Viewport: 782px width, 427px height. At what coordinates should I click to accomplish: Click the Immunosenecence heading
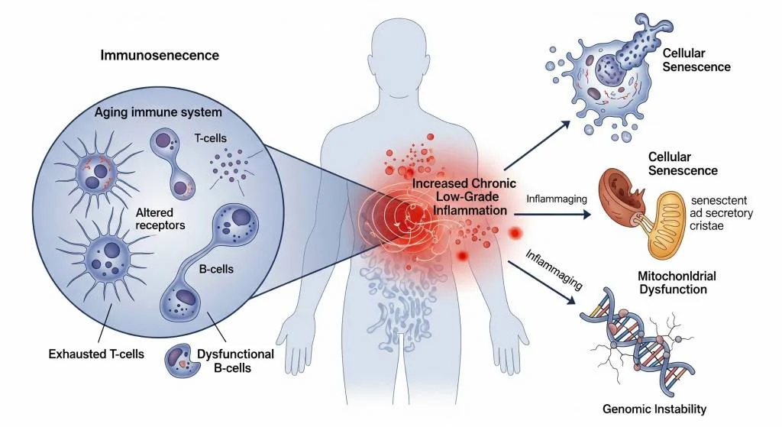[x=160, y=56]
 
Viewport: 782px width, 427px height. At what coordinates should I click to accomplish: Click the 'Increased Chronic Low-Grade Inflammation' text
[x=464, y=197]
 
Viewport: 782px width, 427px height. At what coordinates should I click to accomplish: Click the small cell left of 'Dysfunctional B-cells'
[x=183, y=362]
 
